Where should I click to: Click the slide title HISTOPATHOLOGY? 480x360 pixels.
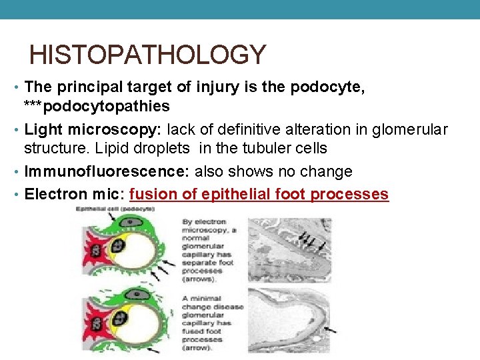pos(147,54)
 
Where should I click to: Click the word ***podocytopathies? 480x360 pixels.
pos(97,106)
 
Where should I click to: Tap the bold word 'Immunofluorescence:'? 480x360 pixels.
pos(107,171)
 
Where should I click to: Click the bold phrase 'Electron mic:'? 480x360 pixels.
pos(75,194)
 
